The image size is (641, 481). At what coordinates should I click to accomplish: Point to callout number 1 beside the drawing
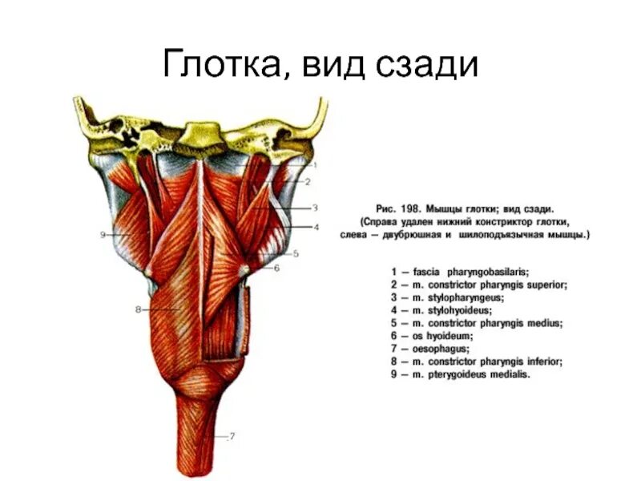click(x=316, y=165)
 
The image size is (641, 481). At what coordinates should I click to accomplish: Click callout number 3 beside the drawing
click(x=316, y=207)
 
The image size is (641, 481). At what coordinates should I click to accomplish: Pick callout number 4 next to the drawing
click(x=316, y=227)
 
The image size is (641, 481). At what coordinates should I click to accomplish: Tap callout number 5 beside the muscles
click(x=295, y=254)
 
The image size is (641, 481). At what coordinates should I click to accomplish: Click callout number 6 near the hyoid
click(x=277, y=269)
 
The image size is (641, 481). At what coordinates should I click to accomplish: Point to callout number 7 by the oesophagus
click(x=232, y=436)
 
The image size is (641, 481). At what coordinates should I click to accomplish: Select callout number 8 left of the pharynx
click(x=138, y=309)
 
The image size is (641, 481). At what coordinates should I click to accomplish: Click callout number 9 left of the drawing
click(x=104, y=234)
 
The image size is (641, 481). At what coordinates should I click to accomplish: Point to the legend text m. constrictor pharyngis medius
click(x=488, y=323)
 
